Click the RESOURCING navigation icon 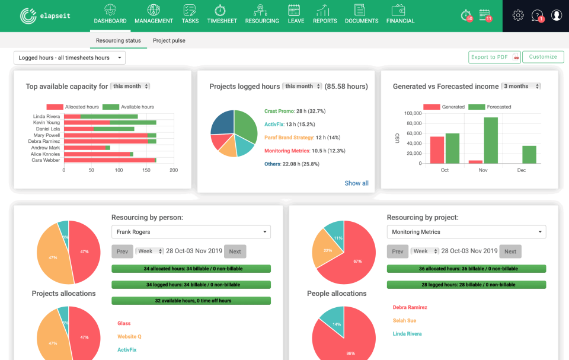tap(262, 11)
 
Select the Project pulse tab tap(169, 40)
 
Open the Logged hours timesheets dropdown tap(69, 58)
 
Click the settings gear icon tap(518, 15)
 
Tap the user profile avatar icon tap(556, 15)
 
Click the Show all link tap(356, 183)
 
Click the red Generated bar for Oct tap(437, 149)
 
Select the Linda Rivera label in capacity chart tap(47, 116)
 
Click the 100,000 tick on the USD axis tap(412, 113)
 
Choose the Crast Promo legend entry tap(277, 111)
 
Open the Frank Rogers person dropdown tap(191, 232)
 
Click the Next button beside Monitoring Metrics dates tap(510, 251)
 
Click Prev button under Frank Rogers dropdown tap(122, 251)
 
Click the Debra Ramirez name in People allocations tap(410, 307)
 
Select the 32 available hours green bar tap(191, 301)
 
